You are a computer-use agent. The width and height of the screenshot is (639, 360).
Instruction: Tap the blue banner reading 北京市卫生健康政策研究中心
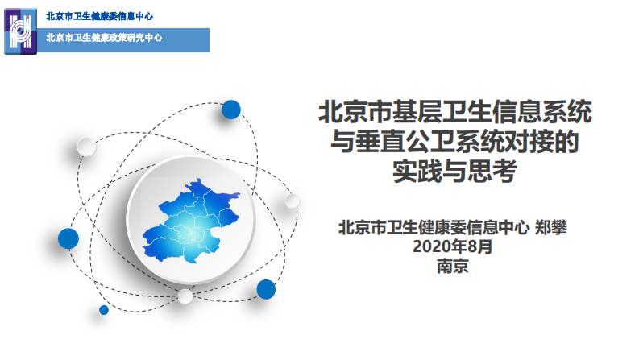tap(105, 38)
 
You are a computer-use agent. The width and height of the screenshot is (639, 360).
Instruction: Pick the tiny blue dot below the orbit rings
tap(104, 309)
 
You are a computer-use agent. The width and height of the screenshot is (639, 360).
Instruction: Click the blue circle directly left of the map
tap(68, 238)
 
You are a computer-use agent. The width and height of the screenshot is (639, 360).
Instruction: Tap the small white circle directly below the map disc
tap(185, 296)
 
